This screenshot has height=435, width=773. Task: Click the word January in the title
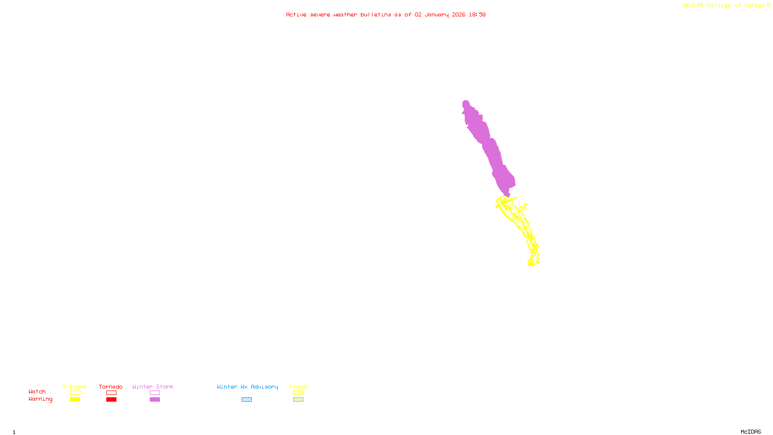click(437, 15)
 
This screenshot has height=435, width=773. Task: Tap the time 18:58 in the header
click(477, 15)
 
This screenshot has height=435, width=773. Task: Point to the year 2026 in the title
click(458, 15)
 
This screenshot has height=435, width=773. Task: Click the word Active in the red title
click(296, 15)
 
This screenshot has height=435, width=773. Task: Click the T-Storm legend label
click(74, 387)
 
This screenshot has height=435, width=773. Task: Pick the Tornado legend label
click(111, 387)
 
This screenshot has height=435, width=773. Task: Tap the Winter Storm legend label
click(153, 387)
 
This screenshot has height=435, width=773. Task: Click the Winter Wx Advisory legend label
click(247, 387)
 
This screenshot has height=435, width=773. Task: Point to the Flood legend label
click(298, 387)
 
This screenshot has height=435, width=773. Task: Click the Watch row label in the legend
click(37, 392)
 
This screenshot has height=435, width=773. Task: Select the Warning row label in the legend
click(40, 399)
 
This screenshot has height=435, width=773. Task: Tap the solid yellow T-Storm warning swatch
click(75, 400)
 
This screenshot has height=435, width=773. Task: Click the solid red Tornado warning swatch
click(111, 400)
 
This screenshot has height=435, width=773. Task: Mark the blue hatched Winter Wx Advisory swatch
click(246, 400)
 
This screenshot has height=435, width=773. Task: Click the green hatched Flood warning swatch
click(298, 400)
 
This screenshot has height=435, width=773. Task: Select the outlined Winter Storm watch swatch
click(155, 393)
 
